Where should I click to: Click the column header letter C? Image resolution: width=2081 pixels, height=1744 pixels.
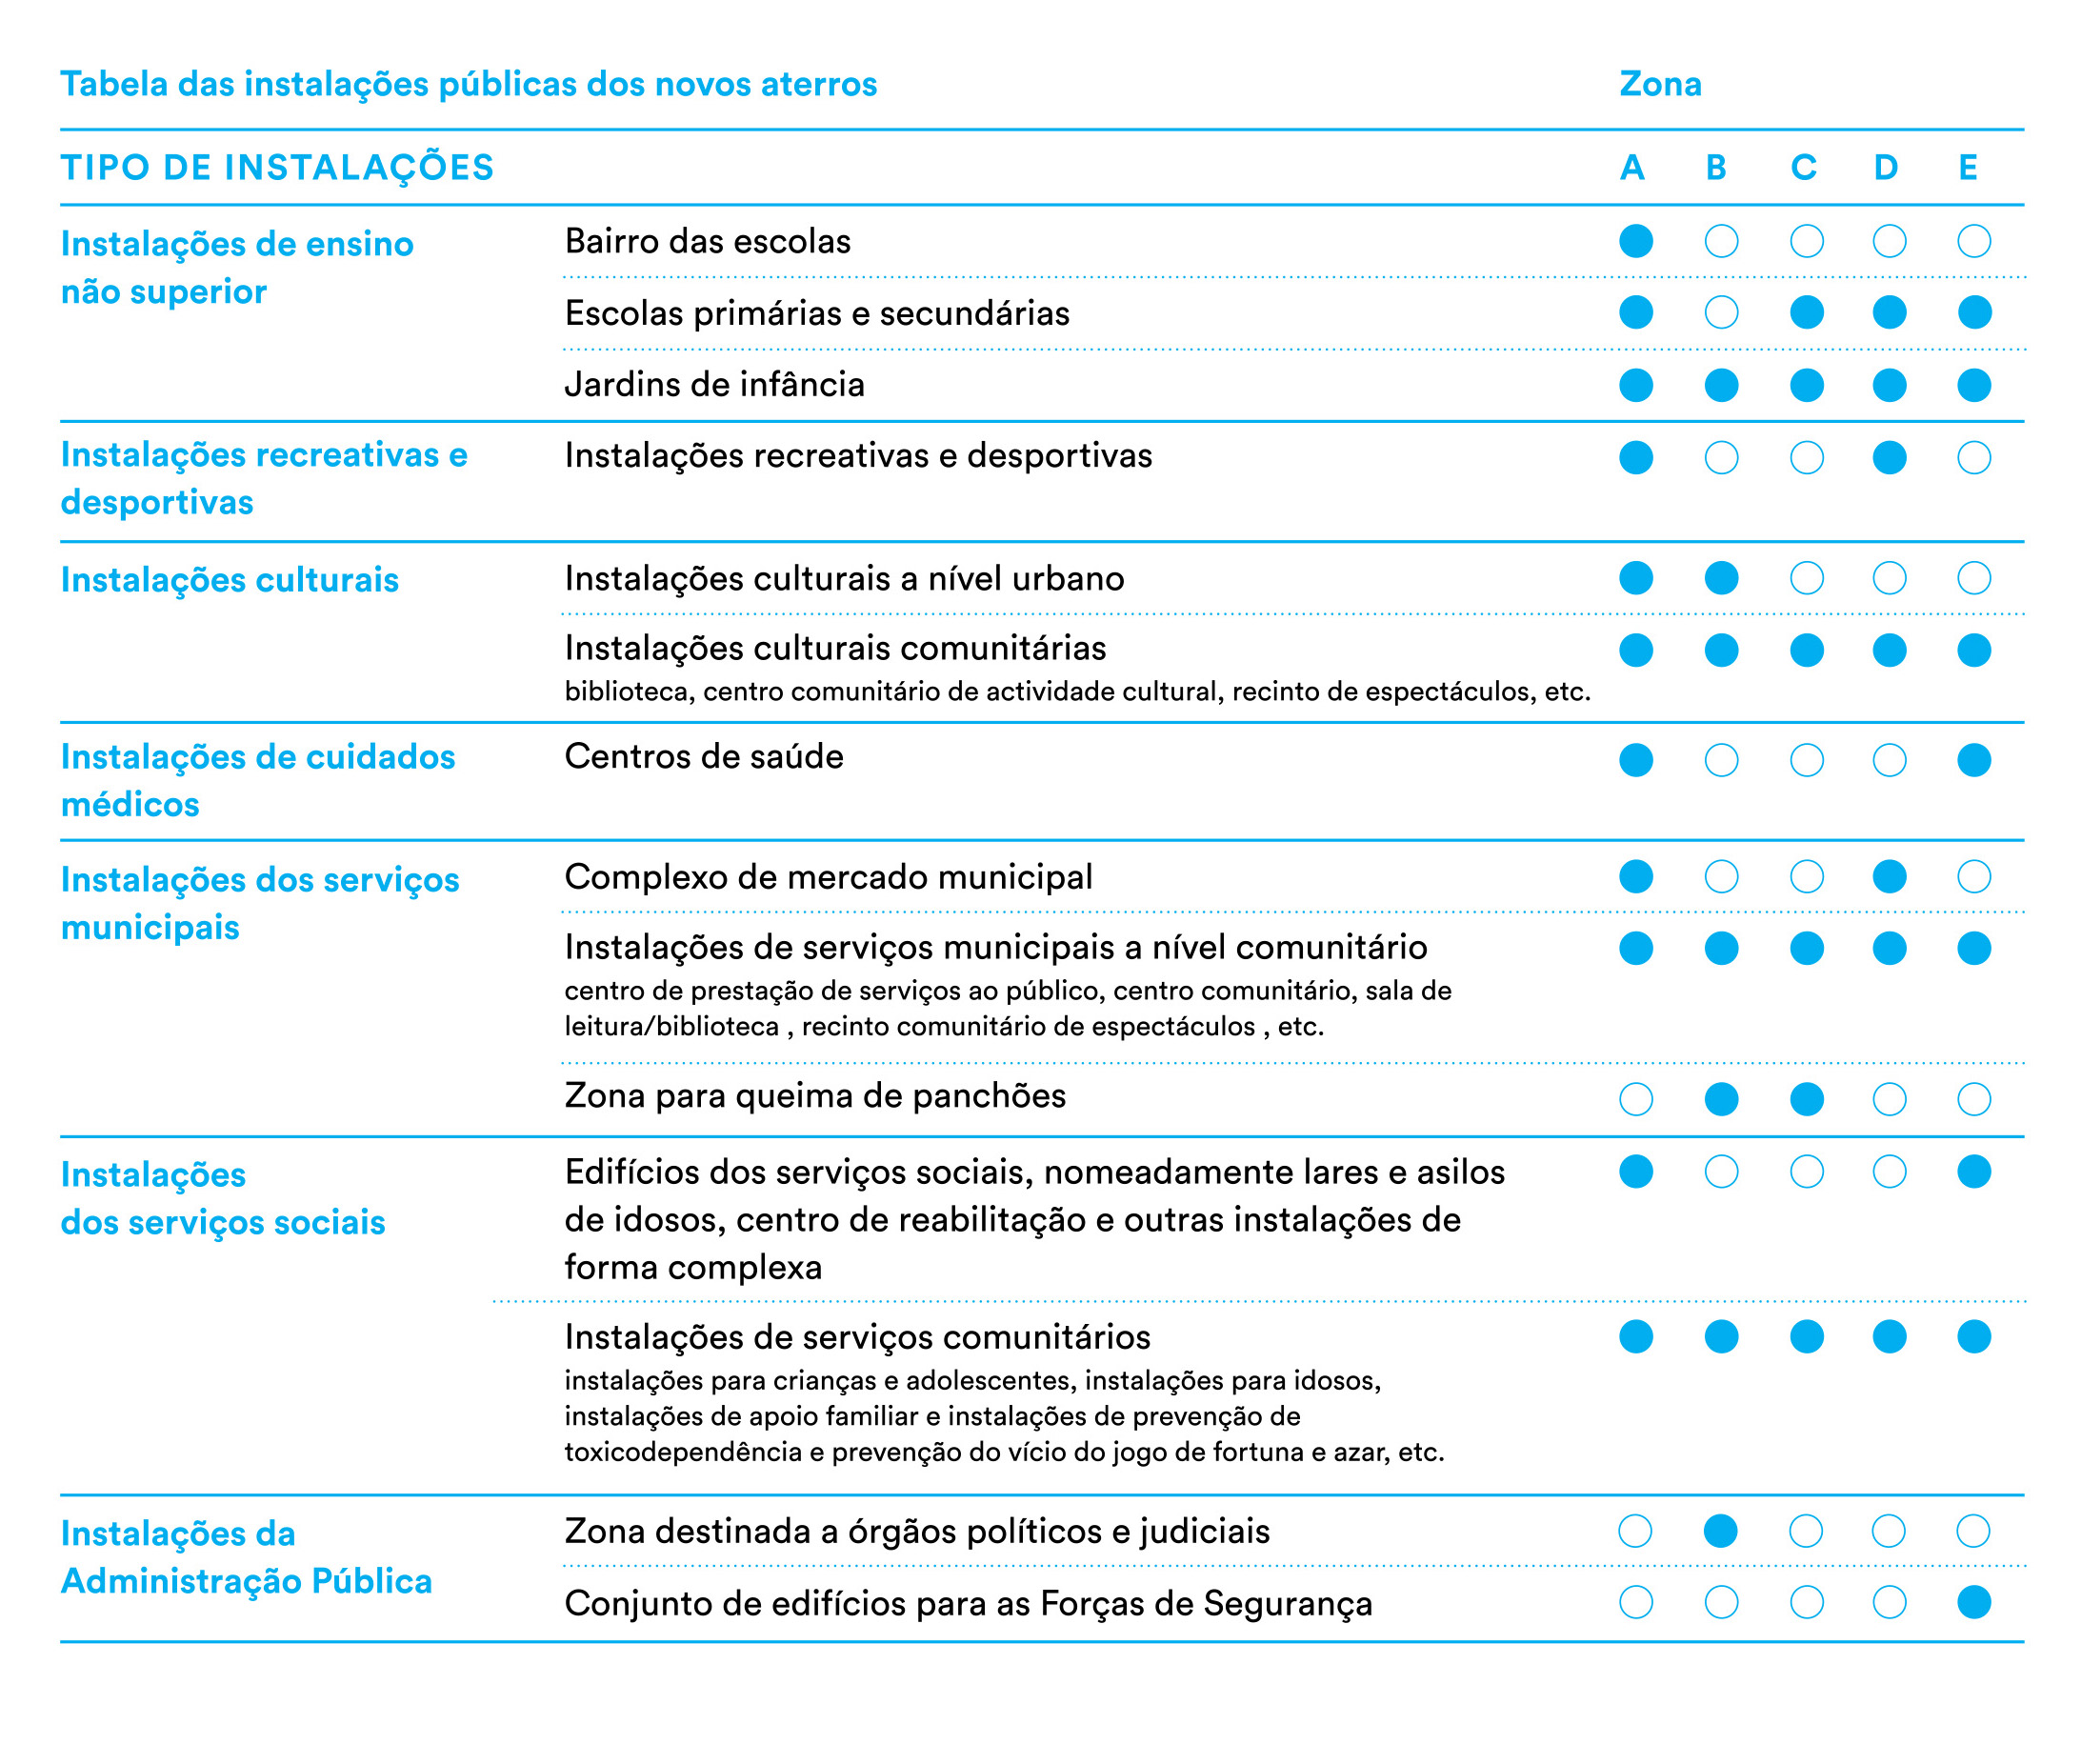pos(1804,168)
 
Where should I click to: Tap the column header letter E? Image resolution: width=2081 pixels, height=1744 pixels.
pos(1968,168)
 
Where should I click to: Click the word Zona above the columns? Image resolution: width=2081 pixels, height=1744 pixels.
pos(1660,84)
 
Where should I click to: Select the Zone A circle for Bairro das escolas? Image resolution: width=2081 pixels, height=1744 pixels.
pos(1636,241)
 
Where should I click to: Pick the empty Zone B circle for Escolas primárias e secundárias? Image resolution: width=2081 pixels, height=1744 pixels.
pos(1721,313)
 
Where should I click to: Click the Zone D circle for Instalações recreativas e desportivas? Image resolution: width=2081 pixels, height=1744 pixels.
pos(1890,458)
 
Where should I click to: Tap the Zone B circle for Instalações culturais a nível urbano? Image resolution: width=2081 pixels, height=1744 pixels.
pos(1721,578)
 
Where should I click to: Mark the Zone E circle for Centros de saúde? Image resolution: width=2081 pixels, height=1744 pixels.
pos(1974,760)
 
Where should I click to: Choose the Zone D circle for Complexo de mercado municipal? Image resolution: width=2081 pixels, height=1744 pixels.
pos(1890,877)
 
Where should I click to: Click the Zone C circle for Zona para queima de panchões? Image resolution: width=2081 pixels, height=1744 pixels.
pos(1807,1099)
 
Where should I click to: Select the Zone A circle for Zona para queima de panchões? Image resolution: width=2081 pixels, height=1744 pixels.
pos(1636,1099)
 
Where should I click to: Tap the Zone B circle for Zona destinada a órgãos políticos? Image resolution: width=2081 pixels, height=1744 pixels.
pos(1720,1531)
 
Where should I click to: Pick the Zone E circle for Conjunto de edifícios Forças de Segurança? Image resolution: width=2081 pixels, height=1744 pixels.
pos(1974,1602)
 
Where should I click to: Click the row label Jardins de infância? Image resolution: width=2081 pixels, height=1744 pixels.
pos(714,385)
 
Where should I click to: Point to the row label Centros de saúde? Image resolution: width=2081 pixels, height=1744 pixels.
pos(704,757)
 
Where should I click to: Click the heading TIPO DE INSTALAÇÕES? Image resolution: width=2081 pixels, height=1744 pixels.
pos(277,168)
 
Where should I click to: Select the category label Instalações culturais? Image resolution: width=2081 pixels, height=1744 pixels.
pos(230,580)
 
